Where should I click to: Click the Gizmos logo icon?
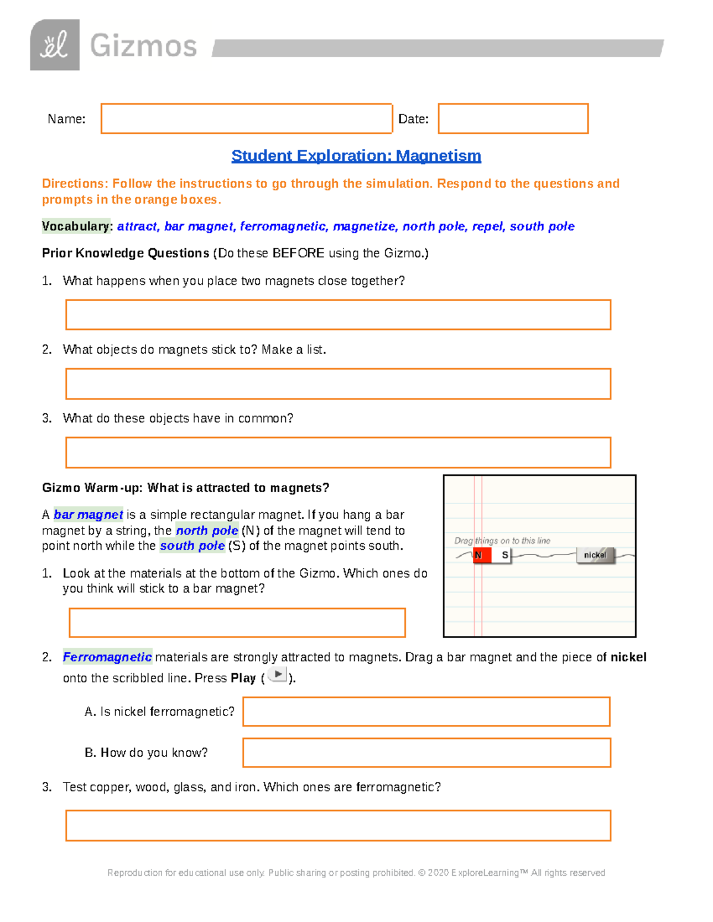point(55,45)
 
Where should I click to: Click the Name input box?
point(247,119)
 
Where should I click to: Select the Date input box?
point(513,119)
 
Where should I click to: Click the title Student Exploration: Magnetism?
point(356,156)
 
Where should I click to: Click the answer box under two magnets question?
point(338,315)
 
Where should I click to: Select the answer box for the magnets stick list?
point(338,384)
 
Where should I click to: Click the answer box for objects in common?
point(338,452)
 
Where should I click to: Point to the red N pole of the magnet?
point(481,555)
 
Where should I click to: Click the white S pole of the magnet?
point(503,555)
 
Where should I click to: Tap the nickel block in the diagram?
point(595,555)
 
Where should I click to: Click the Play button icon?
point(277,674)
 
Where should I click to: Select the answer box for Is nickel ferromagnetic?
point(426,711)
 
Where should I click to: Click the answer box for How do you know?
point(426,753)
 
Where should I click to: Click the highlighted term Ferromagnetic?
point(107,657)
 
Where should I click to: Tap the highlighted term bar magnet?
point(88,515)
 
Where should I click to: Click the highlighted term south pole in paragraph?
point(192,546)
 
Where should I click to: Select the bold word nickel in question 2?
point(628,657)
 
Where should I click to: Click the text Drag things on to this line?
point(502,541)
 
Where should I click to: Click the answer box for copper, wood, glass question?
point(338,825)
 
